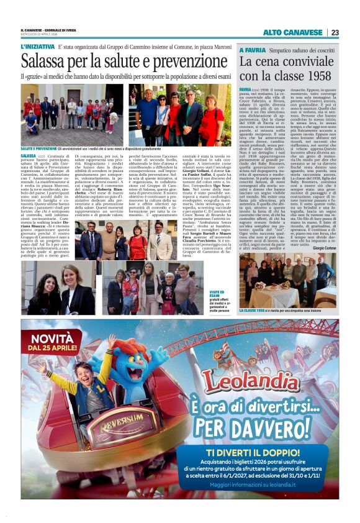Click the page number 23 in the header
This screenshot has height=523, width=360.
(x=335, y=32)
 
